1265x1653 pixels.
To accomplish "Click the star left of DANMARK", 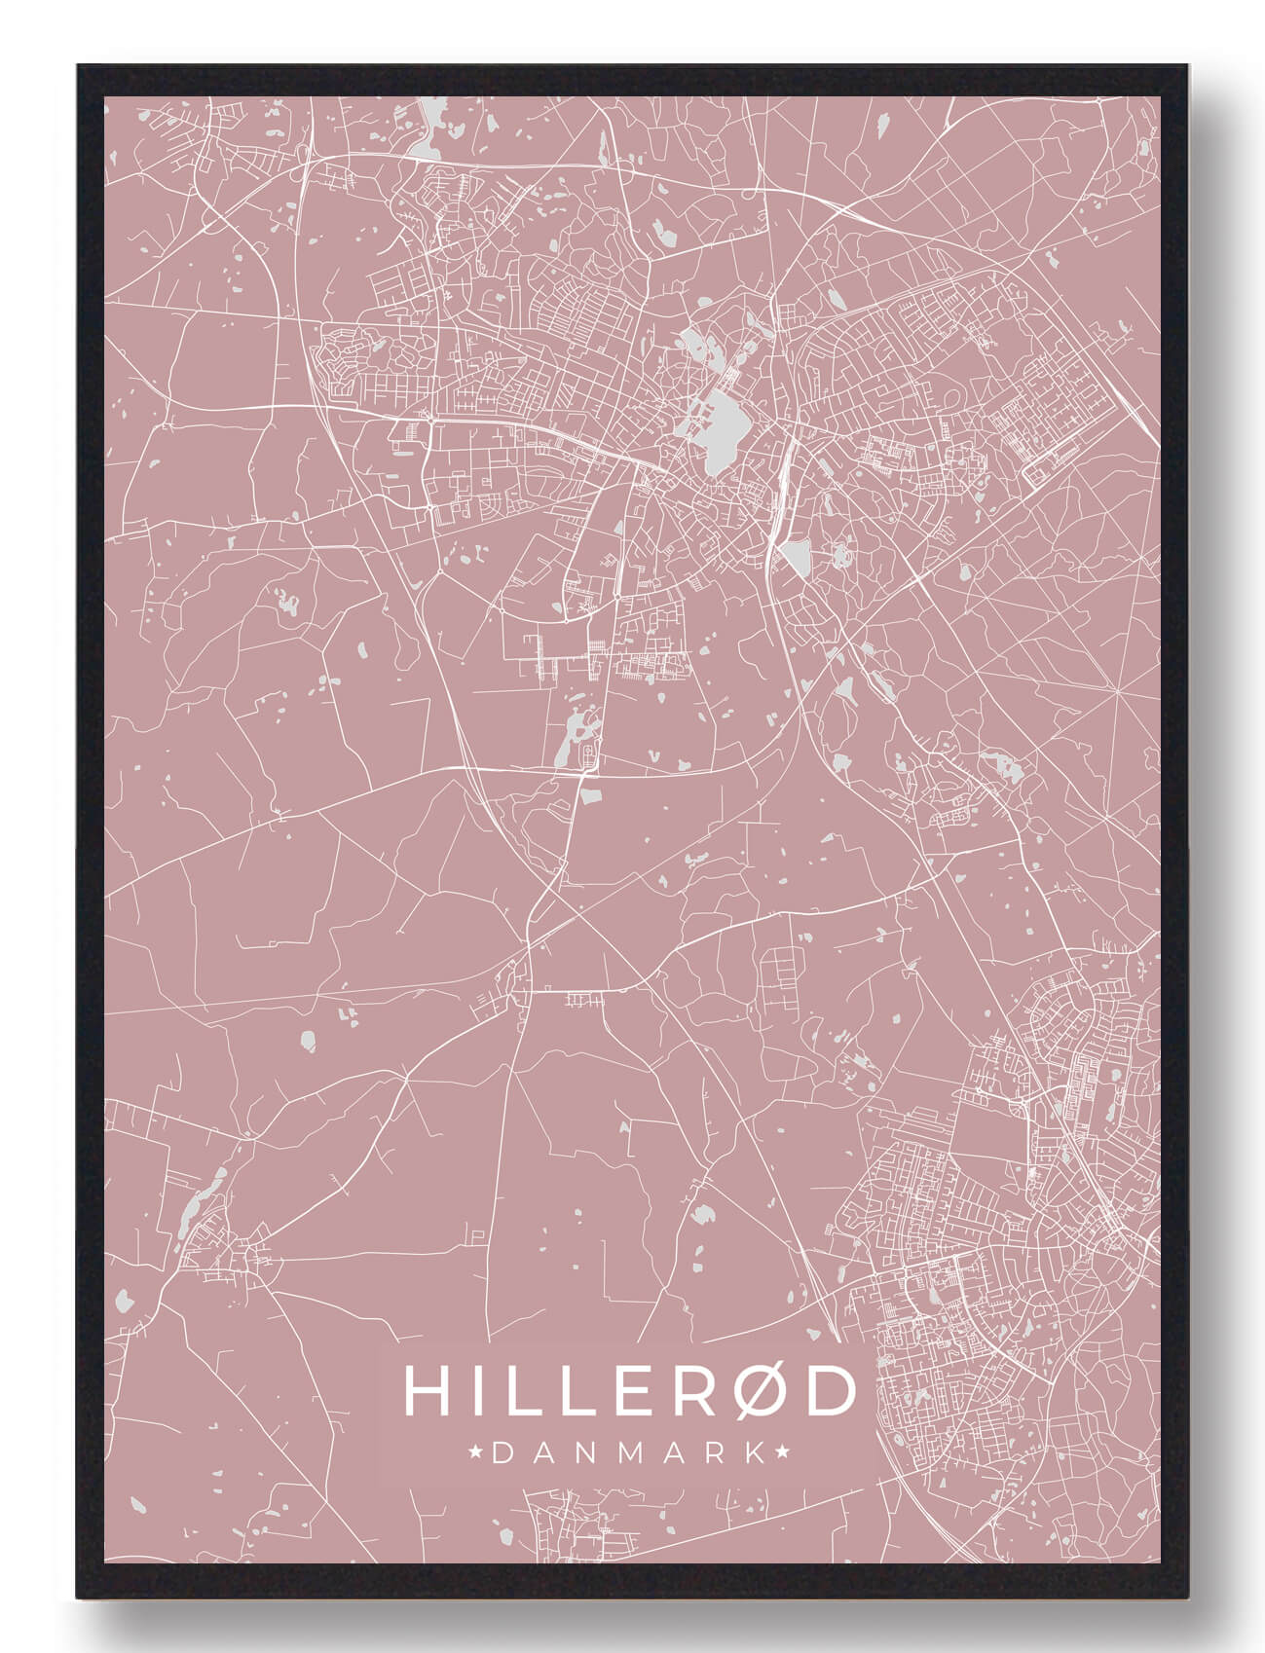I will point(476,1453).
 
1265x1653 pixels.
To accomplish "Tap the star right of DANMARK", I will point(782,1453).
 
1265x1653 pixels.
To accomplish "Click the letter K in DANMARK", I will point(755,1453).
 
